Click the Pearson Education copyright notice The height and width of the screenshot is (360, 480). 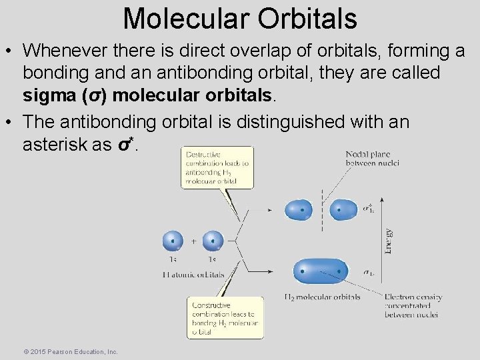pos(70,351)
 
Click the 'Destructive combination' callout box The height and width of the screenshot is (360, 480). pos(218,167)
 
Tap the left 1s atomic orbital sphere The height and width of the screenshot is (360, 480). pos(173,241)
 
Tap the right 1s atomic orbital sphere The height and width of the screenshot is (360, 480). pos(213,241)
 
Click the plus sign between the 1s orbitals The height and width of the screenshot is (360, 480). pos(193,241)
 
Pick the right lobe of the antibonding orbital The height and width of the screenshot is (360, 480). pos(344,210)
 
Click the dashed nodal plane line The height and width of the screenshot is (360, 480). pos(322,210)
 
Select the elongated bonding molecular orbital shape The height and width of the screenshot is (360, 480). pos(321,271)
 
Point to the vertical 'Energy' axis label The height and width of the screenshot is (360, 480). pos(389,241)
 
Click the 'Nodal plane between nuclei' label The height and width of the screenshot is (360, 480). pos(372,159)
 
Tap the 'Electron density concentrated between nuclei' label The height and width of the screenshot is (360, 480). pos(413,305)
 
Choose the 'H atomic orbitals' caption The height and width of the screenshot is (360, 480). pos(193,273)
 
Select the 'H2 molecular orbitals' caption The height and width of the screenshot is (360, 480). pos(322,297)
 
